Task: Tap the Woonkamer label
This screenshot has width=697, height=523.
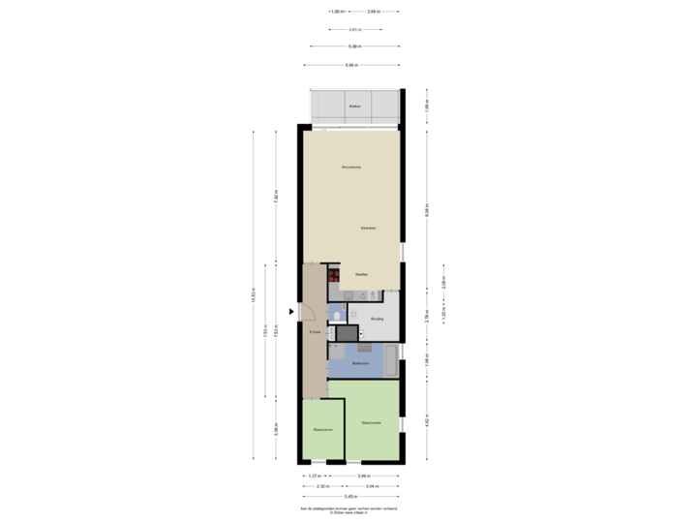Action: [x=351, y=168]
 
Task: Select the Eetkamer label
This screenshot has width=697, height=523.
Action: [x=368, y=228]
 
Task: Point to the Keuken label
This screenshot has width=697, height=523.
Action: [x=361, y=275]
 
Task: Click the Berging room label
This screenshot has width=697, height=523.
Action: [x=378, y=318]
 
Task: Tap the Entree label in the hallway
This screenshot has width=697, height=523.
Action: [x=315, y=332]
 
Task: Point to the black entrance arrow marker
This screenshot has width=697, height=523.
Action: [x=290, y=311]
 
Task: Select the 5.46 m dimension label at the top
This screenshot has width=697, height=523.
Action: [x=351, y=65]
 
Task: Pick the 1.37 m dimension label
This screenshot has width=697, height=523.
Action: [x=314, y=476]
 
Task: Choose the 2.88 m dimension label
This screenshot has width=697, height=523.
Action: [x=444, y=284]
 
